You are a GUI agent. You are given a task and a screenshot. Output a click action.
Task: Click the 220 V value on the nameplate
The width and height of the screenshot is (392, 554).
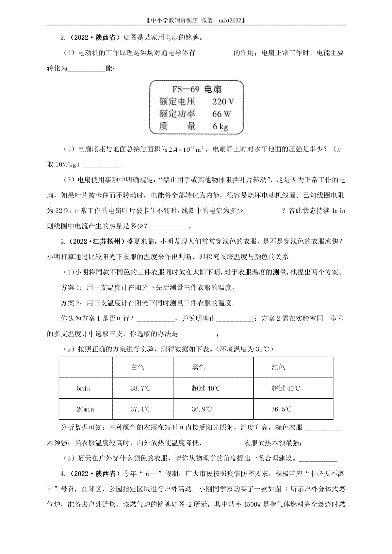(223, 102)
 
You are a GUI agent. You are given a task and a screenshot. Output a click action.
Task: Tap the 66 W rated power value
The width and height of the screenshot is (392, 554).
(221, 114)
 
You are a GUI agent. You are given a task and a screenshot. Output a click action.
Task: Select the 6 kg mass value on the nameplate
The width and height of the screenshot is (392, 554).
(220, 126)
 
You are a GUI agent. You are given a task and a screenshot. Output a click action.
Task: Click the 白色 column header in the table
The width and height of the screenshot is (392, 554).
(138, 367)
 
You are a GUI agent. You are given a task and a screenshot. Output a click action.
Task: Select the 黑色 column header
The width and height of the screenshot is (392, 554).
(199, 367)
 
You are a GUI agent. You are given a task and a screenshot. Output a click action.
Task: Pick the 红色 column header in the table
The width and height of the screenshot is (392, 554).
(278, 367)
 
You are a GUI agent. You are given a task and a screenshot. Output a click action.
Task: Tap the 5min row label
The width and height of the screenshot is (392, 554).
(84, 388)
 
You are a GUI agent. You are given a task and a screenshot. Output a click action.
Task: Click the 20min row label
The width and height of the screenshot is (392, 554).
(85, 409)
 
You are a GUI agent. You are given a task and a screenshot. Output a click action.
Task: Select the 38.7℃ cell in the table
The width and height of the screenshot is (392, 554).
(141, 388)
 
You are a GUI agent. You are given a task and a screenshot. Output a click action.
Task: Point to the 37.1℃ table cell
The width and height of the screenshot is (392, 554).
(141, 409)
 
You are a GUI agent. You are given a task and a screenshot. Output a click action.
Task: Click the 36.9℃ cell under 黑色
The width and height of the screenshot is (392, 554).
(202, 409)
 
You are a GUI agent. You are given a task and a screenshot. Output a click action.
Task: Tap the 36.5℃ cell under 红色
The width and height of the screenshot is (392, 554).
(281, 409)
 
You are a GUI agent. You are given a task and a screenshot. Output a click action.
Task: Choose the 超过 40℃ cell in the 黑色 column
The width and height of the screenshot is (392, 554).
(206, 388)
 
